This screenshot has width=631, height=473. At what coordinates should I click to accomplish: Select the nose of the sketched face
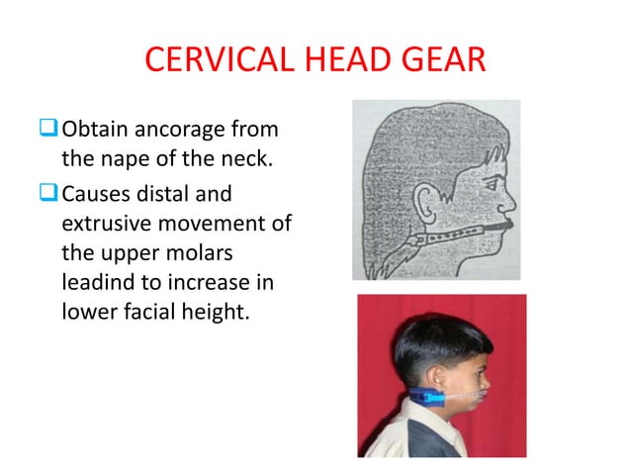point(511,193)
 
